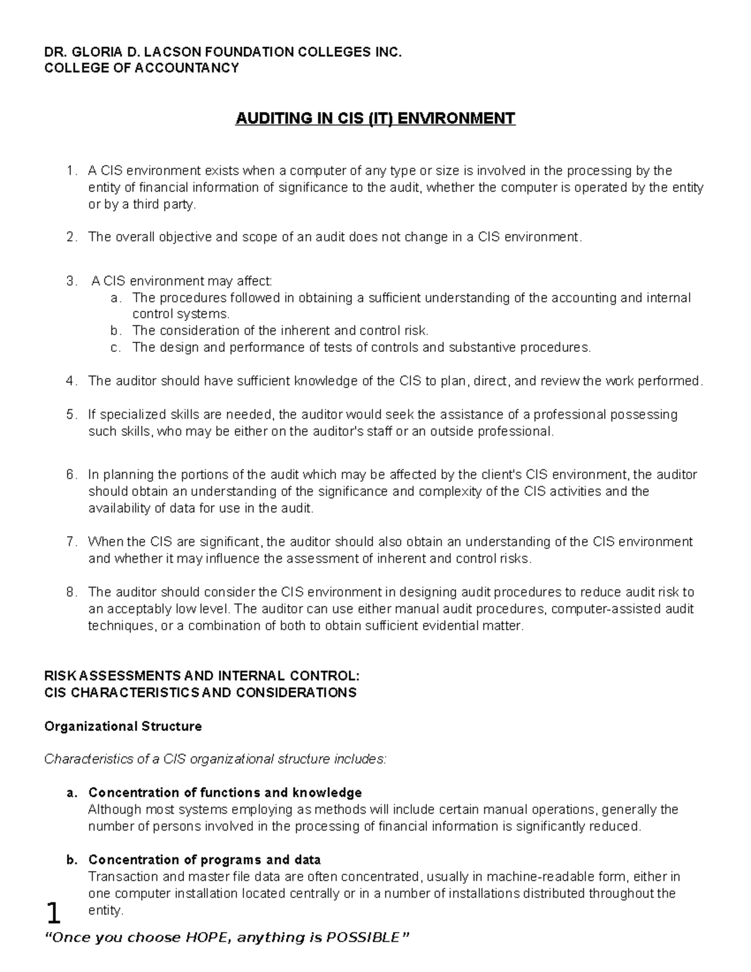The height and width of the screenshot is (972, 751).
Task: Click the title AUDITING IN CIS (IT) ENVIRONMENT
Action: point(375,118)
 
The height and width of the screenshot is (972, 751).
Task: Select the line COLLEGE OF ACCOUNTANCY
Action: point(141,68)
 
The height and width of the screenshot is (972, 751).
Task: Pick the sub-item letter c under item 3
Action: point(115,347)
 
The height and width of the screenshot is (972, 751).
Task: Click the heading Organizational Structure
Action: point(123,727)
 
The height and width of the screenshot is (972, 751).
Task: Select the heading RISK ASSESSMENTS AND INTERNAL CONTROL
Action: point(202,676)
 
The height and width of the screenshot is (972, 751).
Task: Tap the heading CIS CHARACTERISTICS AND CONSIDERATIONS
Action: point(200,693)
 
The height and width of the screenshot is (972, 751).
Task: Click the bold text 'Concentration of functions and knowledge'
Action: point(225,793)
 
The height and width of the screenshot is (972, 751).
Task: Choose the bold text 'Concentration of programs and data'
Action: point(205,859)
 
